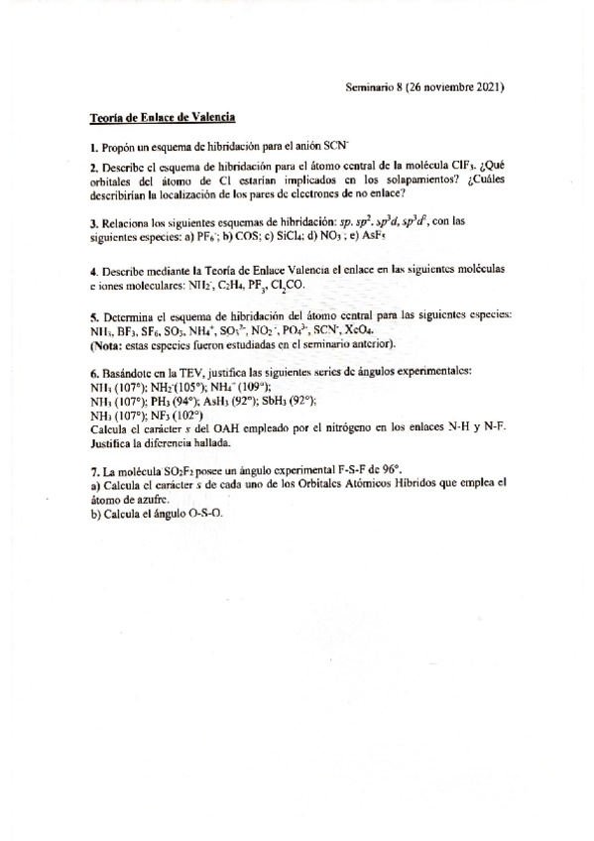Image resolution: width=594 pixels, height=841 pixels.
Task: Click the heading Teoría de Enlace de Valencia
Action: (x=163, y=118)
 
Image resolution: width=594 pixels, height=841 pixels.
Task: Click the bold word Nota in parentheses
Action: (x=105, y=343)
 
